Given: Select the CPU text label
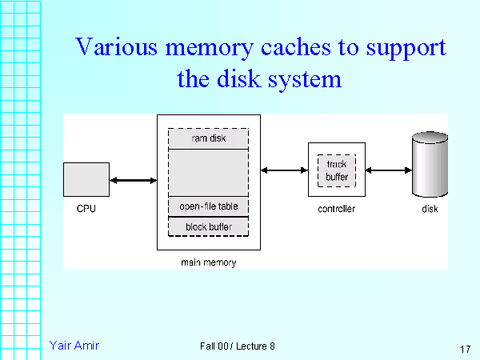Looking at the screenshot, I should tap(86, 209).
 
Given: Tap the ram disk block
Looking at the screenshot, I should tap(208, 137).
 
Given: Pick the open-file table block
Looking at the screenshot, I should tap(208, 206).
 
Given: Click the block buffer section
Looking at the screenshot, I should tap(208, 227).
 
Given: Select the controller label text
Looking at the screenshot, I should tap(336, 209).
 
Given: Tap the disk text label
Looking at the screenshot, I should tap(430, 209).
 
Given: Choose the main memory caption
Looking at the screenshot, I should tap(208, 262).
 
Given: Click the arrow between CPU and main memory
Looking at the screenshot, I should tap(134, 181).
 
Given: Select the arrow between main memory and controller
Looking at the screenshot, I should tap(284, 170).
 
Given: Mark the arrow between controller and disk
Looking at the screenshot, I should tap(388, 170).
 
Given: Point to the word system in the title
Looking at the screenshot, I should tap(302, 79).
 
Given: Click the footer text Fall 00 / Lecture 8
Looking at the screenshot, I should tap(238, 346).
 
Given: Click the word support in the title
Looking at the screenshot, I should tap(406, 47).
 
